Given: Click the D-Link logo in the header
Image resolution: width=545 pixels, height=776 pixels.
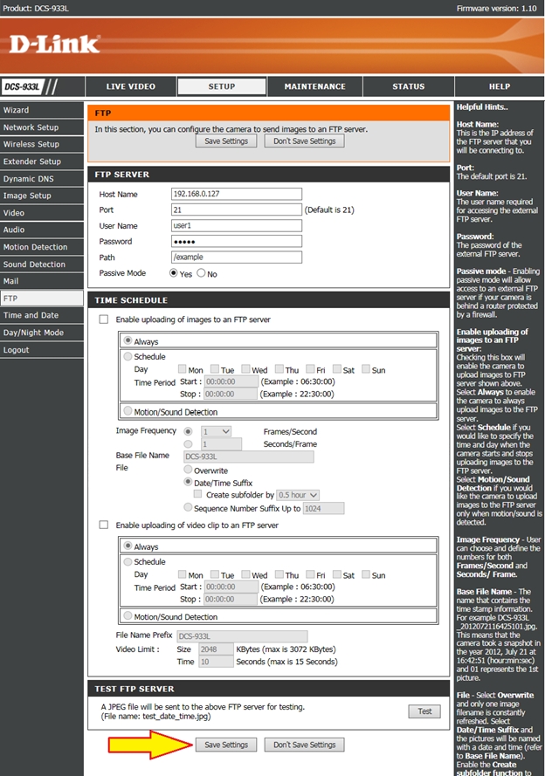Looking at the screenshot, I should coord(54,44).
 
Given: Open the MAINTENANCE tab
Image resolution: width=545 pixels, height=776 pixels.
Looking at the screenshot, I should coord(314,86).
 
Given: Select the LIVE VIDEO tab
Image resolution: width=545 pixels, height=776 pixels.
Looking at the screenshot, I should coord(130,86).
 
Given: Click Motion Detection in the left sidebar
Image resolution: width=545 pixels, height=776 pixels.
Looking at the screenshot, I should coord(35,247).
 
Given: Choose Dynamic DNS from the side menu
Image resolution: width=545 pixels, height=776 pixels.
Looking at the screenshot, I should coord(28,179).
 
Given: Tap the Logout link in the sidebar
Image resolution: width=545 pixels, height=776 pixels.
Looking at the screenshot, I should coord(16,350).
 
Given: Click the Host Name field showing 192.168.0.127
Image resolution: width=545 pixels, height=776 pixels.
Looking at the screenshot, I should coord(236,195).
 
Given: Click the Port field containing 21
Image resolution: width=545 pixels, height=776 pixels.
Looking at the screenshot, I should coord(236,210).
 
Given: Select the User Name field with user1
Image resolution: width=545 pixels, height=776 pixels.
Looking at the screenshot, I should coord(236,226).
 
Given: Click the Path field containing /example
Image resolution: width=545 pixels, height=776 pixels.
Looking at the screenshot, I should coord(236,258).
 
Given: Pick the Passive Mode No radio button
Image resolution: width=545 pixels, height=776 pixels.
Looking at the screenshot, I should coord(202,273).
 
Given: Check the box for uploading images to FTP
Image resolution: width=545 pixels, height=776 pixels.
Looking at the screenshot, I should coord(104,319).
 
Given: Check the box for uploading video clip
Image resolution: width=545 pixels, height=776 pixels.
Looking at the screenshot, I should coord(104,525).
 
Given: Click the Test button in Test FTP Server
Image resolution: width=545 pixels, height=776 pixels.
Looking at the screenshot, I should coord(424,711).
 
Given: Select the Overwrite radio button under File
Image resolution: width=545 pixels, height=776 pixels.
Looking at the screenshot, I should coord(188,470).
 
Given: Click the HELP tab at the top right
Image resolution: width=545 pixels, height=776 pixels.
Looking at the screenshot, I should coord(499,86).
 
